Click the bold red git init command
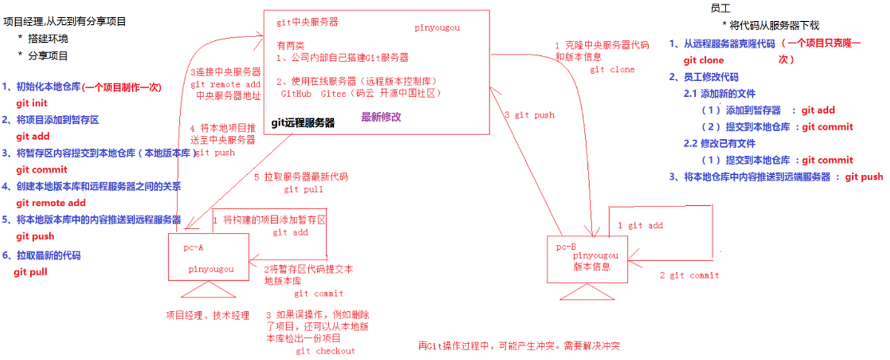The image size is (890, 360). (x=32, y=104)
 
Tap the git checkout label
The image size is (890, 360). (x=325, y=351)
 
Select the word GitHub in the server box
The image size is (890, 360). (x=296, y=94)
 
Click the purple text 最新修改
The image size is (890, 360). (x=381, y=117)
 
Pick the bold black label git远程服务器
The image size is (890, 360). (x=303, y=122)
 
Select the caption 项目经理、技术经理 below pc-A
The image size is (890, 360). (x=208, y=316)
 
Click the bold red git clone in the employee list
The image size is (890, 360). (x=704, y=60)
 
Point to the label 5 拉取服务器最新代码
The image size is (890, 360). (x=301, y=177)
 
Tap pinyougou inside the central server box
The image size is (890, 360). (x=437, y=27)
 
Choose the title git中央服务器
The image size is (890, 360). (x=307, y=22)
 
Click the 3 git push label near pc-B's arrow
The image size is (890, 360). (x=529, y=115)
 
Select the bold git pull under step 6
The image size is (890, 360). (x=30, y=272)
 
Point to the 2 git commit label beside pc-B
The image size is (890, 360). (x=689, y=275)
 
